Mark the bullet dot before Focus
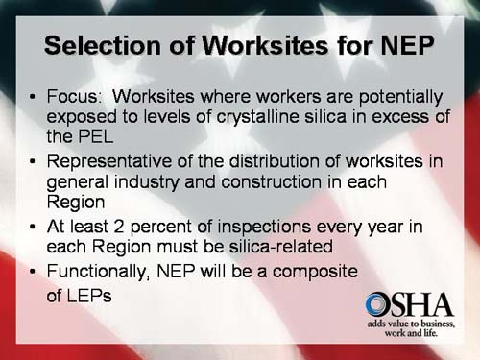point(33,97)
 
